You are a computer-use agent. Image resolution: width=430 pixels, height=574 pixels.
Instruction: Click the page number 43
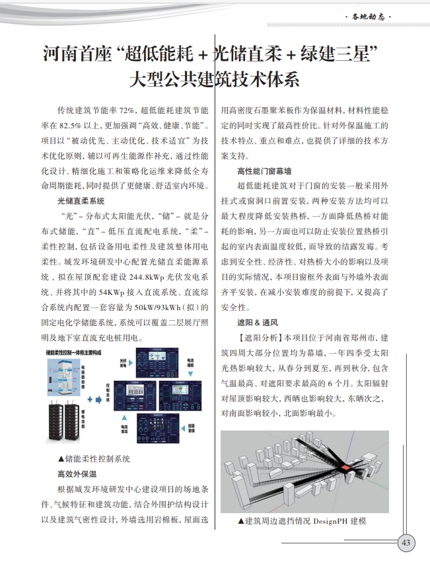click(406, 544)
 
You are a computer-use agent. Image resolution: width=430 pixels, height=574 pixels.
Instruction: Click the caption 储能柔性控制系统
click(94, 458)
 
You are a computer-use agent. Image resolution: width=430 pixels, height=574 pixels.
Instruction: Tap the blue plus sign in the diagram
click(90, 399)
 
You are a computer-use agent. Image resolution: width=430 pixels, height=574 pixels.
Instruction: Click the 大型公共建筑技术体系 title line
click(215, 81)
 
